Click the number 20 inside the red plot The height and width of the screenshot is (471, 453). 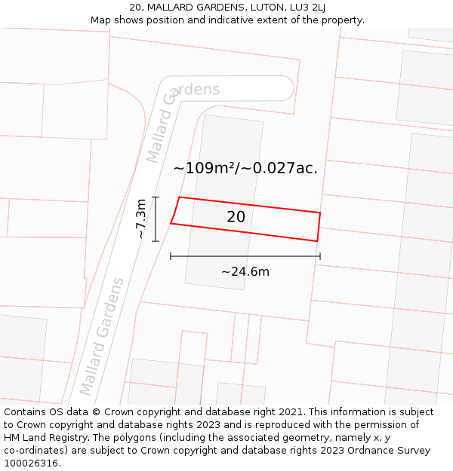236,217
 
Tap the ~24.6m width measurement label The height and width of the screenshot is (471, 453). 245,272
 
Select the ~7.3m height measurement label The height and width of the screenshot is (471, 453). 141,219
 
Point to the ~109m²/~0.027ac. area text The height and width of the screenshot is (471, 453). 245,168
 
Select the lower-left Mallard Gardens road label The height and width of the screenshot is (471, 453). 102,336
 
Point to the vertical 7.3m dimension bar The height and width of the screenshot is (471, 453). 156,219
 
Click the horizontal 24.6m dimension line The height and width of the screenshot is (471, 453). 245,256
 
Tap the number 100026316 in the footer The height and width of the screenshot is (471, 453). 31,463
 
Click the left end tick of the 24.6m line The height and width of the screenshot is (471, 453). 171,256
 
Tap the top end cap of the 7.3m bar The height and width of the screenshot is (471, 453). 156,197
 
